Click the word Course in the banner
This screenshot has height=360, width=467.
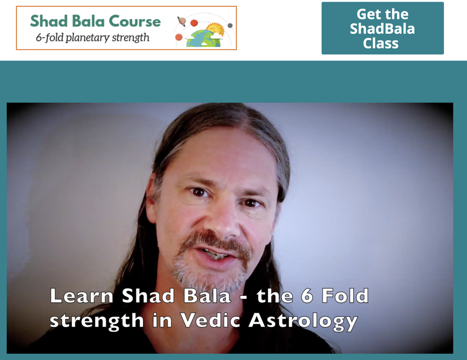135,21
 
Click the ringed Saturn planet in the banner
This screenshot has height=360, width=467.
182,22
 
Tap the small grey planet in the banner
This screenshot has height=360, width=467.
230,26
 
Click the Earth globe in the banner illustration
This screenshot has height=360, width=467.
204,39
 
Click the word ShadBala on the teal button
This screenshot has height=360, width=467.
382,29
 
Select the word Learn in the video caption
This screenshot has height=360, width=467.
82,296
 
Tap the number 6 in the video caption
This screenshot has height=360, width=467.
307,296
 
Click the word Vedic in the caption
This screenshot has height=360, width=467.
210,321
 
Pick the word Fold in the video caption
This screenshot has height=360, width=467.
345,295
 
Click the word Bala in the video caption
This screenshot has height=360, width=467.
207,296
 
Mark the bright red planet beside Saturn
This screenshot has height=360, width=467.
194,23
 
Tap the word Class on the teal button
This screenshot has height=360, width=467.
381,43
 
